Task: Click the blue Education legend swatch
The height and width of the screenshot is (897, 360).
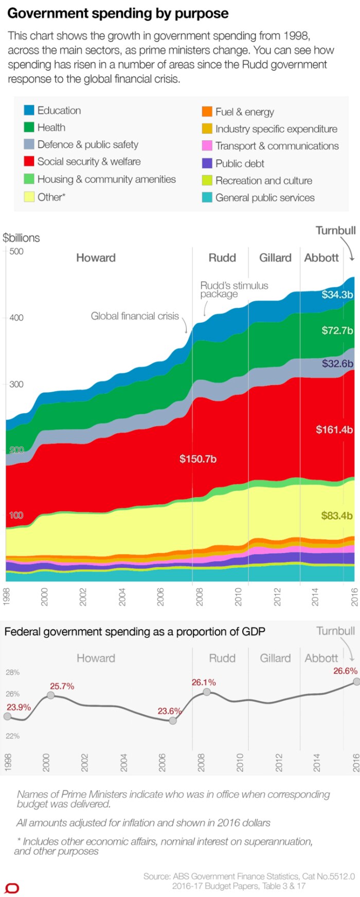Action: tap(29, 111)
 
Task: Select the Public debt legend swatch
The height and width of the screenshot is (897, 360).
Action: tap(207, 163)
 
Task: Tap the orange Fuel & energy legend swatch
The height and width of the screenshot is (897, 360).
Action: tap(207, 112)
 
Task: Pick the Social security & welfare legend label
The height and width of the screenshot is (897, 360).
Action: tap(88, 161)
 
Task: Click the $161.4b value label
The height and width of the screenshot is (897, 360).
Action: tap(334, 429)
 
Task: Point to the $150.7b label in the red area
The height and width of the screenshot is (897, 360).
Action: tap(197, 459)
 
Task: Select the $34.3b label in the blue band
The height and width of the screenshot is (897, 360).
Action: tap(337, 295)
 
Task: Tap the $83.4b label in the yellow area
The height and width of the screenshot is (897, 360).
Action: tap(336, 515)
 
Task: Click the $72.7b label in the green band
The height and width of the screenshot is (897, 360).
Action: tap(337, 330)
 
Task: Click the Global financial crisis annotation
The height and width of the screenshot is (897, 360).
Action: tap(135, 316)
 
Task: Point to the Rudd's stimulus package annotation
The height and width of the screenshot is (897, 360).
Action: tap(234, 289)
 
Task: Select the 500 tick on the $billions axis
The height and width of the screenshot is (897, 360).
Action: tap(16, 251)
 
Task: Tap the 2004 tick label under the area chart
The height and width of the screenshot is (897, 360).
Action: tap(122, 597)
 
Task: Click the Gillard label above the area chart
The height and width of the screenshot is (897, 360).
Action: tap(275, 258)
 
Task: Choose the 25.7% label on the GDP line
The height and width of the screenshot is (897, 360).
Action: tap(62, 686)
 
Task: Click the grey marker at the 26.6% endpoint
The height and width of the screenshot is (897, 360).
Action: tap(356, 682)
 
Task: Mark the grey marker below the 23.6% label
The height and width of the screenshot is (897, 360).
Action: tap(173, 721)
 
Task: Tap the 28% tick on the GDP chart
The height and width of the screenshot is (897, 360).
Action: tap(13, 672)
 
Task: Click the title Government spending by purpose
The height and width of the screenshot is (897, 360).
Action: tap(118, 13)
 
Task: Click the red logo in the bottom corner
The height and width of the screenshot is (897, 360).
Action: tap(12, 888)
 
